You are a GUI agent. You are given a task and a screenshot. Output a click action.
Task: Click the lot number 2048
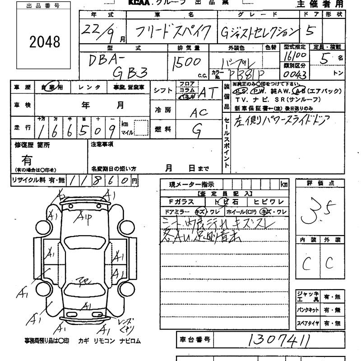tap(44, 42)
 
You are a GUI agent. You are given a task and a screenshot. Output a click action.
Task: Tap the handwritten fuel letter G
tap(197, 130)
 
